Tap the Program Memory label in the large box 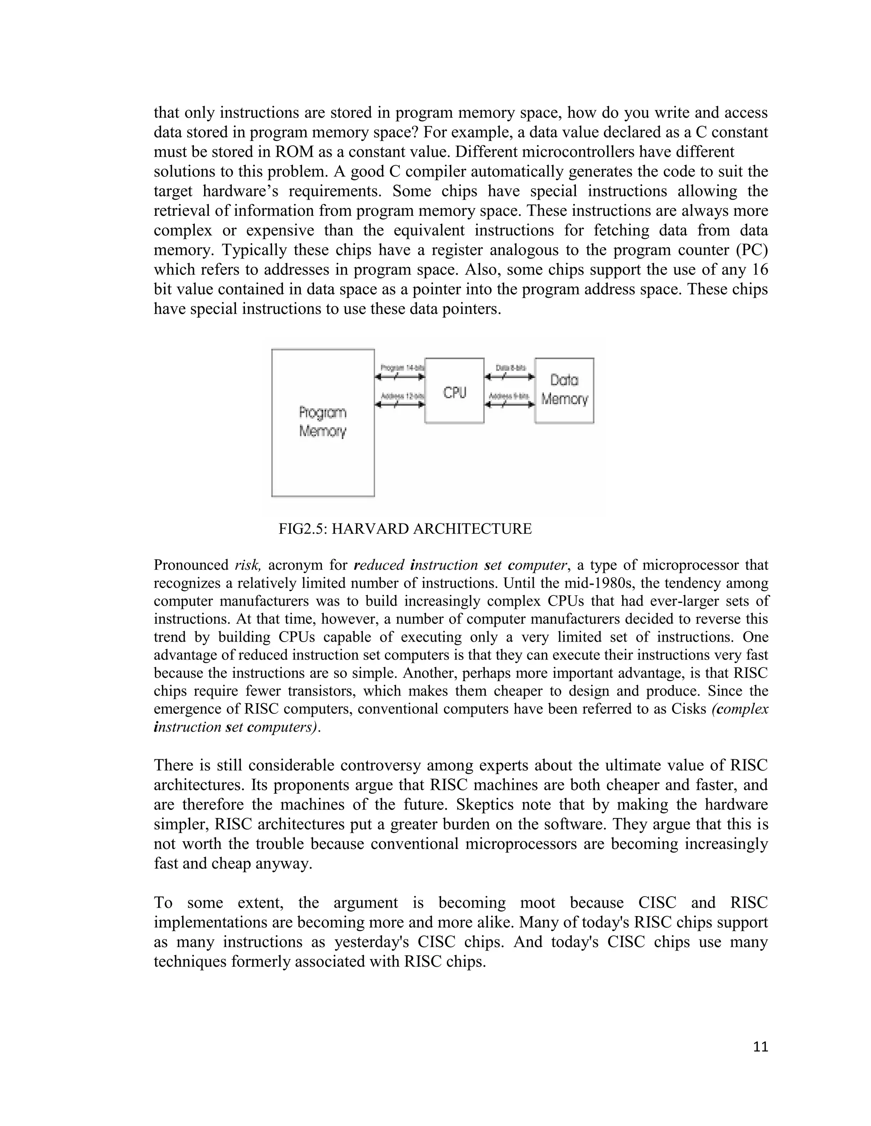coord(322,422)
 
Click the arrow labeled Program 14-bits coord(400,377)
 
